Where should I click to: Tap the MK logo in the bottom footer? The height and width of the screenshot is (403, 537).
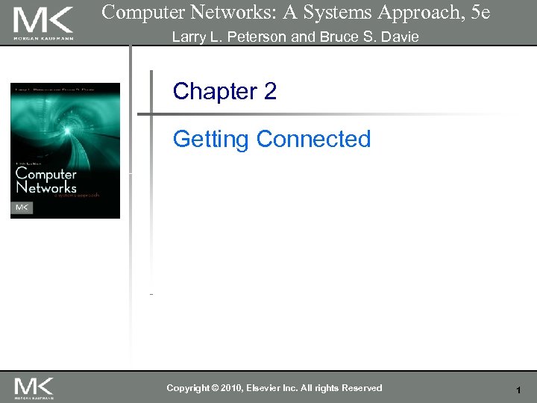(x=34, y=387)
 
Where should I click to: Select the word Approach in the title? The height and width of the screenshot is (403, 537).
(x=415, y=12)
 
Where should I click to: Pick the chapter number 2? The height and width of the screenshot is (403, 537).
(x=270, y=92)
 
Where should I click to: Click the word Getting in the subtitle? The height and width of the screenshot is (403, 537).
(x=211, y=140)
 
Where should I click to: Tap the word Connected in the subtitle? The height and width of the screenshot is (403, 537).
(x=313, y=140)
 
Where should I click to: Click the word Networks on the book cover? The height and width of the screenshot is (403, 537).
(x=46, y=187)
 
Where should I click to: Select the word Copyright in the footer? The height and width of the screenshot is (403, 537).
(x=189, y=388)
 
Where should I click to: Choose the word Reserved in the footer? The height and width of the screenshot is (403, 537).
(x=360, y=388)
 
